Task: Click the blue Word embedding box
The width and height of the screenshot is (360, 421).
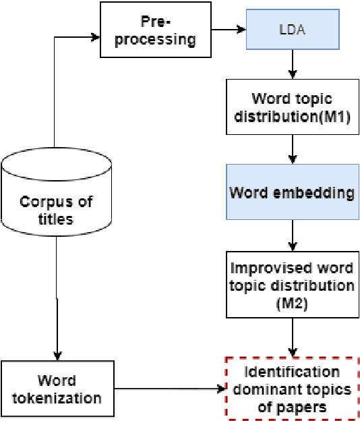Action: coord(292,193)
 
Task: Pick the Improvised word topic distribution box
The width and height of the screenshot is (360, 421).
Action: coord(292,285)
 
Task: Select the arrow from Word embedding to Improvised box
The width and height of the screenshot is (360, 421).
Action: coord(292,236)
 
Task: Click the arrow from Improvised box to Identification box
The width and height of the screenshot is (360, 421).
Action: coord(292,337)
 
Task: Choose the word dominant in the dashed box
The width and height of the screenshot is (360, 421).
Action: coord(264,389)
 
